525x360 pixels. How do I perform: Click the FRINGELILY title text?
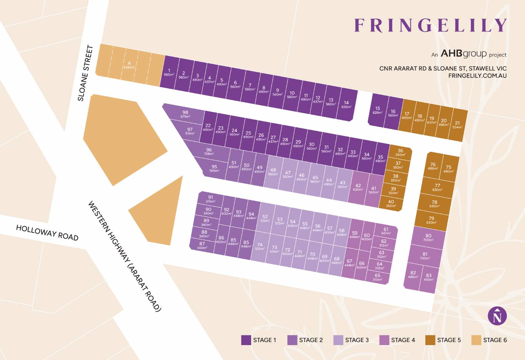pos(430,25)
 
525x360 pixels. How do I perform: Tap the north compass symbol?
pos(497,316)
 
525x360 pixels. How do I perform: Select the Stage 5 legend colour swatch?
pos(430,340)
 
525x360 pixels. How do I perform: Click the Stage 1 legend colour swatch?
pos(246,340)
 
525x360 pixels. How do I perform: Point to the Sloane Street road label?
pos(85,73)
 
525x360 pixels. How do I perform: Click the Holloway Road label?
pos(47,233)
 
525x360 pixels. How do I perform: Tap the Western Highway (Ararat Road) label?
pos(124,256)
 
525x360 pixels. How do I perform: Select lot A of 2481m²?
pos(129,65)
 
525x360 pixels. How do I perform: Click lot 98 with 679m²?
pos(185,114)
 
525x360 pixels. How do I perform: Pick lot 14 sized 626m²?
pos(346,104)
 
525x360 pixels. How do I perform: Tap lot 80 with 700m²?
pos(428,237)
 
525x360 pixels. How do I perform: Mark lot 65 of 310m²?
pos(377,277)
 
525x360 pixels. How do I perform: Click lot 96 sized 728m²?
pos(209,151)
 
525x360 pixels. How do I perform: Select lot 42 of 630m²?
pos(358,187)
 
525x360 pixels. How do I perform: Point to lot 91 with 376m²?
pos(210,199)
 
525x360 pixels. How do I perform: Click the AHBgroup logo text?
pos(463,54)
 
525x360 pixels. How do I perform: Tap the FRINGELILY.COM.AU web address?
pos(477,76)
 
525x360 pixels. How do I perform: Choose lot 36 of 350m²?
pos(400,152)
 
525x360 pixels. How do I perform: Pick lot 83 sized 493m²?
pos(428,277)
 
